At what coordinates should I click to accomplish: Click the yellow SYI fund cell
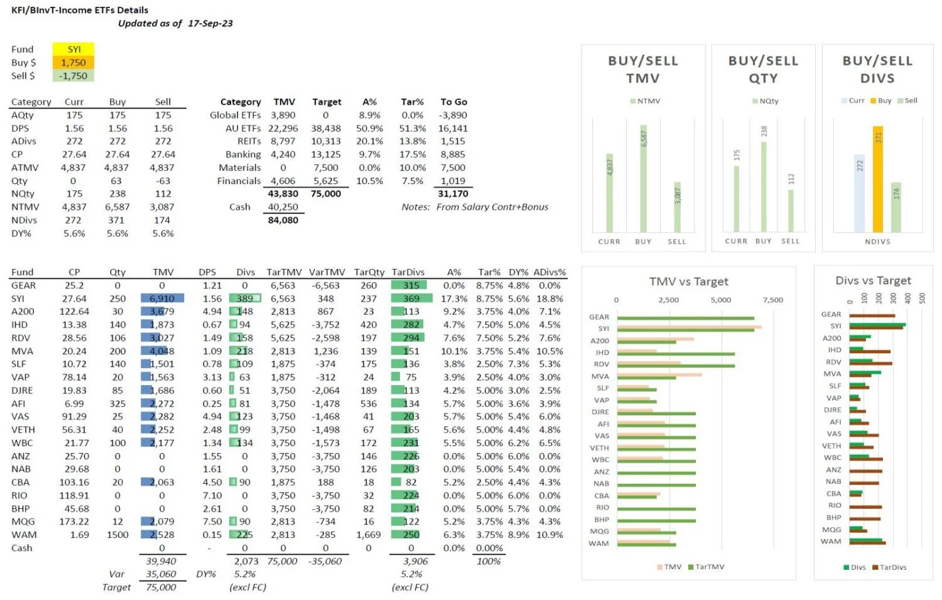pyautogui.click(x=73, y=49)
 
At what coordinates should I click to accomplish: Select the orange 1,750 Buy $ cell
pyautogui.click(x=73, y=62)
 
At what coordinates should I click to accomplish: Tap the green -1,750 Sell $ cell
pyautogui.click(x=73, y=75)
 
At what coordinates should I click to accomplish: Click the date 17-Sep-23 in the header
pyautogui.click(x=210, y=23)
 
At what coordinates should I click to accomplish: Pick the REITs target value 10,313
pyautogui.click(x=325, y=141)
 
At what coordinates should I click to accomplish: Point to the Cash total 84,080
pyautogui.click(x=283, y=220)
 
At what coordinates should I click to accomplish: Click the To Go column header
pyautogui.click(x=453, y=102)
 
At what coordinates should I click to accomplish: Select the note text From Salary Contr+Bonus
pyautogui.click(x=492, y=207)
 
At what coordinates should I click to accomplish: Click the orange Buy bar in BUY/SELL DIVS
pyautogui.click(x=877, y=179)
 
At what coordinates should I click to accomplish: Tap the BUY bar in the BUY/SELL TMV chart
pyautogui.click(x=643, y=178)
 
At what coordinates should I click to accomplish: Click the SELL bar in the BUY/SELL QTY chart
pyautogui.click(x=791, y=210)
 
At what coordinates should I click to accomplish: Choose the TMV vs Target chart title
pyautogui.click(x=688, y=281)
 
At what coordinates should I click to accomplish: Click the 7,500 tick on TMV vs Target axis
pyautogui.click(x=772, y=300)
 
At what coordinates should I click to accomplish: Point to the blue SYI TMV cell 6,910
pyautogui.click(x=162, y=298)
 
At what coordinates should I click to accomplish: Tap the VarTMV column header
pyautogui.click(x=327, y=272)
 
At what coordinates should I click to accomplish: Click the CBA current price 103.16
pyautogui.click(x=74, y=482)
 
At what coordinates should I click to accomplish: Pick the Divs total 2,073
pyautogui.click(x=246, y=561)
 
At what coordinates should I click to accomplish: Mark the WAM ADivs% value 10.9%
pyautogui.click(x=549, y=535)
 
